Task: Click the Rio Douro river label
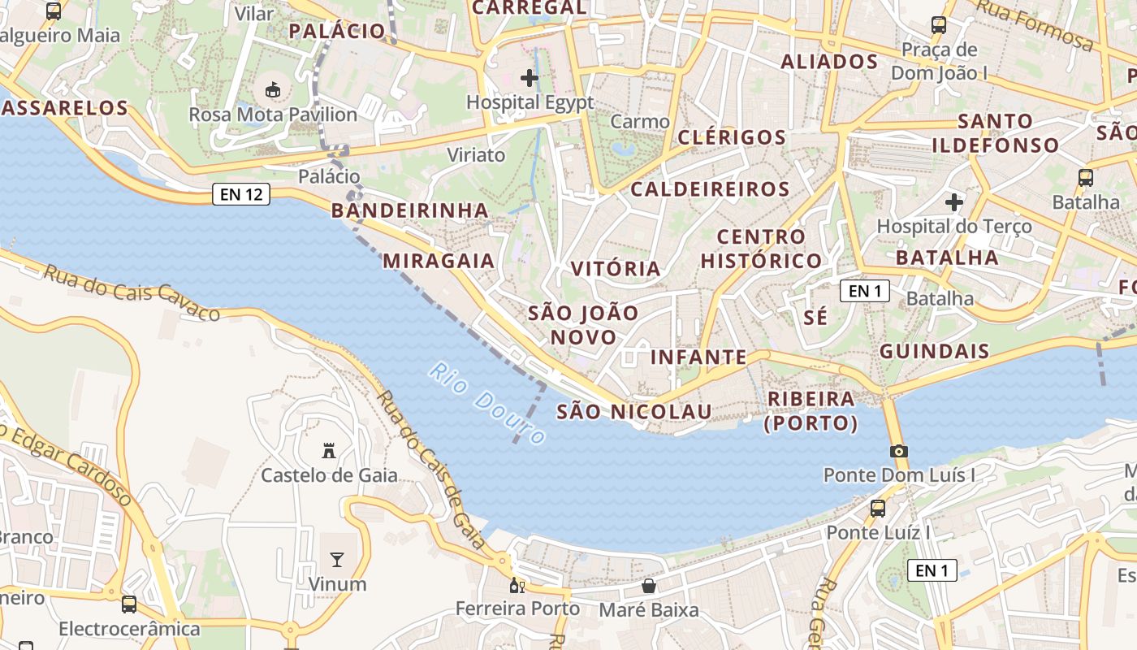(486, 404)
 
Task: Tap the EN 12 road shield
(241, 194)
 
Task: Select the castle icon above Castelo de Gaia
(329, 450)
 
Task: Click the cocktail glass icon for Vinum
(337, 559)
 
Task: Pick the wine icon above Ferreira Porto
(517, 585)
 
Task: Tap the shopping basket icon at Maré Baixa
(649, 585)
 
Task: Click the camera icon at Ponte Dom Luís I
(898, 452)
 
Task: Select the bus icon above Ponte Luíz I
(878, 509)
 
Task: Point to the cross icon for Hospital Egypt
(530, 78)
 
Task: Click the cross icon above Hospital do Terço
(954, 201)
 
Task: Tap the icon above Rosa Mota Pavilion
(272, 89)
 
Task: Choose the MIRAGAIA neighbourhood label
(439, 261)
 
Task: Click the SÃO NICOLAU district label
(634, 412)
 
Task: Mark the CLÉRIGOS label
(732, 137)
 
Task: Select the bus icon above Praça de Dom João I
(939, 25)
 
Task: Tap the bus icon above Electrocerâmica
(129, 604)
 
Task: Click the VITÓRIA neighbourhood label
(616, 269)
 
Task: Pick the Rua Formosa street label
(1035, 24)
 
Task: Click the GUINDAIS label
(935, 352)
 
